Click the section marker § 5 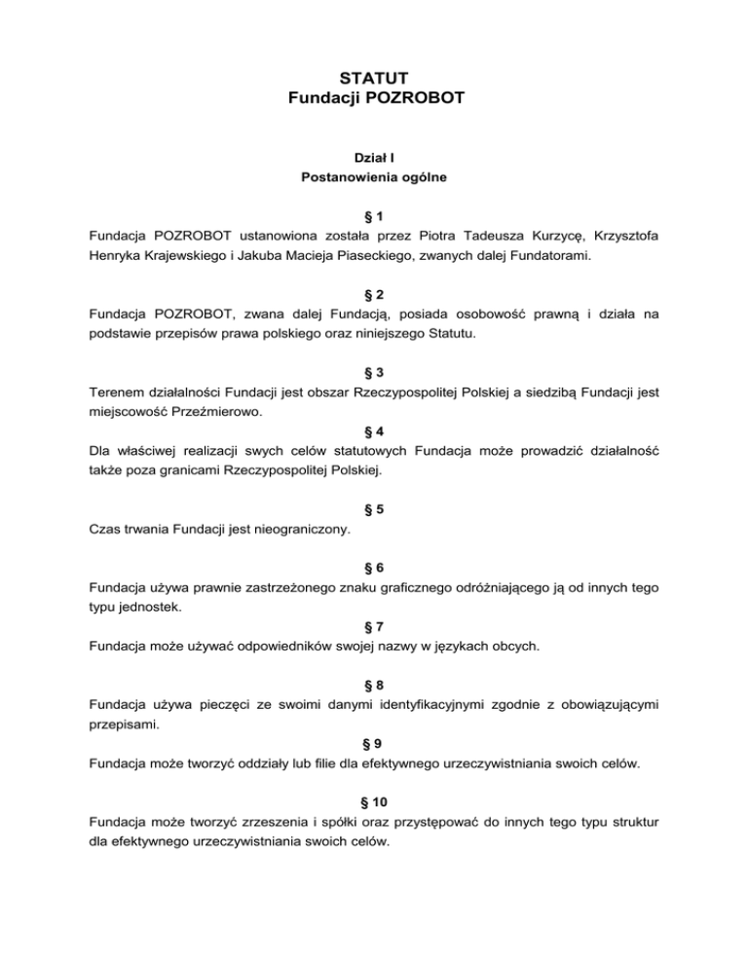pyautogui.click(x=373, y=506)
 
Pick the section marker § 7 pyautogui.click(x=373, y=623)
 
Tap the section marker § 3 pyautogui.click(x=373, y=371)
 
